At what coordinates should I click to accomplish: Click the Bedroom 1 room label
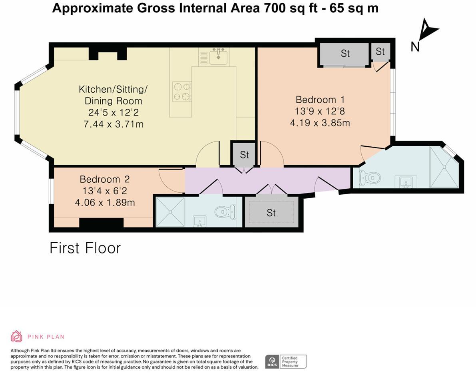[320, 100]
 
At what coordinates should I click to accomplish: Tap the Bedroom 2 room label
[104, 179]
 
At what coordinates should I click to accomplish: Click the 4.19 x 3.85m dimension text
[320, 123]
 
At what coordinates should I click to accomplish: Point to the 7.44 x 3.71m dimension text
[113, 124]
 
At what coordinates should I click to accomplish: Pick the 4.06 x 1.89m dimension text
[105, 203]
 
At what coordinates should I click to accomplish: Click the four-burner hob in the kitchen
[181, 92]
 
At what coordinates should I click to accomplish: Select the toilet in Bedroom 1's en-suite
[369, 178]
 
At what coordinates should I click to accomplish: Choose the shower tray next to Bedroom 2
[170, 212]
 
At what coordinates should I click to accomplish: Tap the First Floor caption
[85, 248]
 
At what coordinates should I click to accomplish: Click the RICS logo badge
[273, 361]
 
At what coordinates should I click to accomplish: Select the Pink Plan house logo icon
[16, 336]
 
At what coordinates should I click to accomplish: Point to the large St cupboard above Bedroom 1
[345, 54]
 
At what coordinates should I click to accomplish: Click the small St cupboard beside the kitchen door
[244, 154]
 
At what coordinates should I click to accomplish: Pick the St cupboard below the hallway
[271, 213]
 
